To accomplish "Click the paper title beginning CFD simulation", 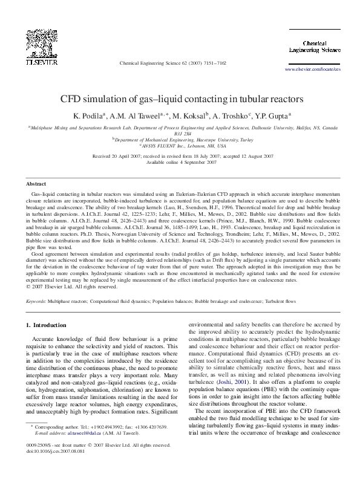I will [180, 98].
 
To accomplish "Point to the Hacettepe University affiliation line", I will [180, 140].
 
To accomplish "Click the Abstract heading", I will [36, 183].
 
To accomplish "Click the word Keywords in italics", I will [38, 300].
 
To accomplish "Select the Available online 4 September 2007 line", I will [180, 163].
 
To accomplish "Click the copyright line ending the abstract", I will [67, 288].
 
